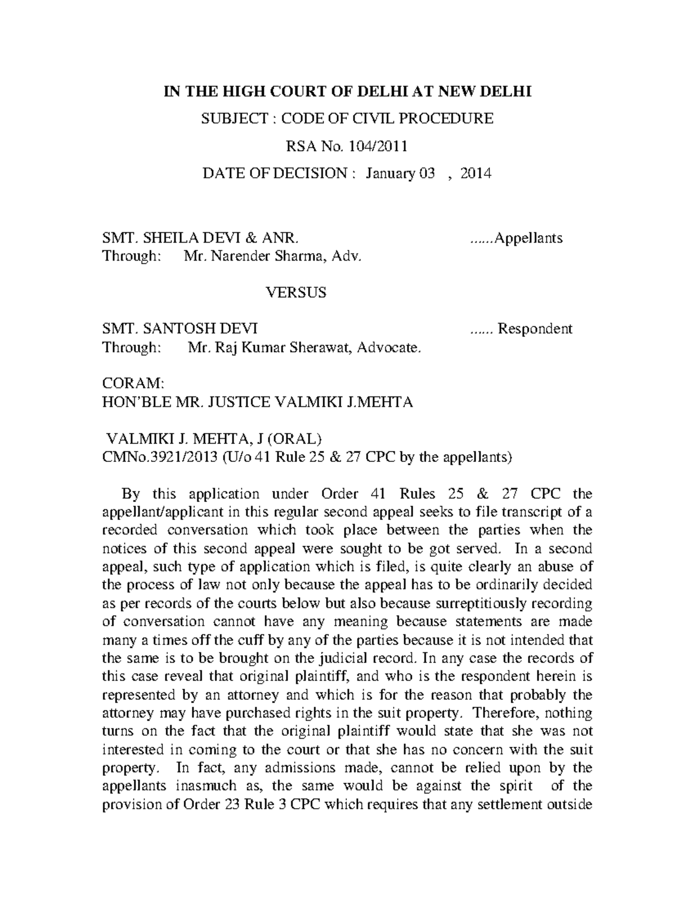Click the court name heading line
point(347,91)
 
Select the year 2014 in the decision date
point(475,173)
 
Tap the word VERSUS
point(295,292)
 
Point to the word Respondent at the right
point(535,329)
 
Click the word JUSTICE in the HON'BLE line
point(236,402)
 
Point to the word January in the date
point(390,173)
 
